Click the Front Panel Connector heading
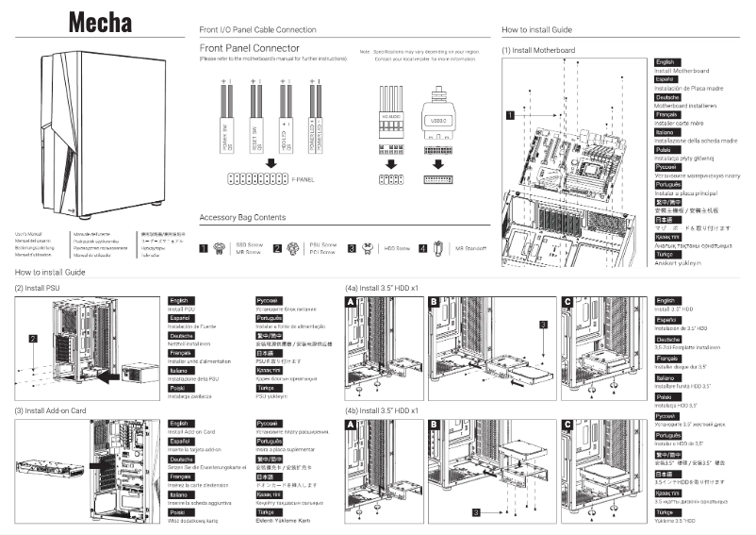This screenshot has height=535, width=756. (x=251, y=47)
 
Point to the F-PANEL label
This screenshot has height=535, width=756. (x=304, y=176)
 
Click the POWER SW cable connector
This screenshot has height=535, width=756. (x=226, y=124)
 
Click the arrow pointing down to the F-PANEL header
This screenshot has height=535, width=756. (x=270, y=161)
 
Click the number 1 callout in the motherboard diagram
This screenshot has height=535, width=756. (x=510, y=115)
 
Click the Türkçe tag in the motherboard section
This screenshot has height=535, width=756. (x=666, y=255)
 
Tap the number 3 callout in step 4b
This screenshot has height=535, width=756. (x=476, y=511)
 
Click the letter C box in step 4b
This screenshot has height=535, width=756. (x=567, y=426)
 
